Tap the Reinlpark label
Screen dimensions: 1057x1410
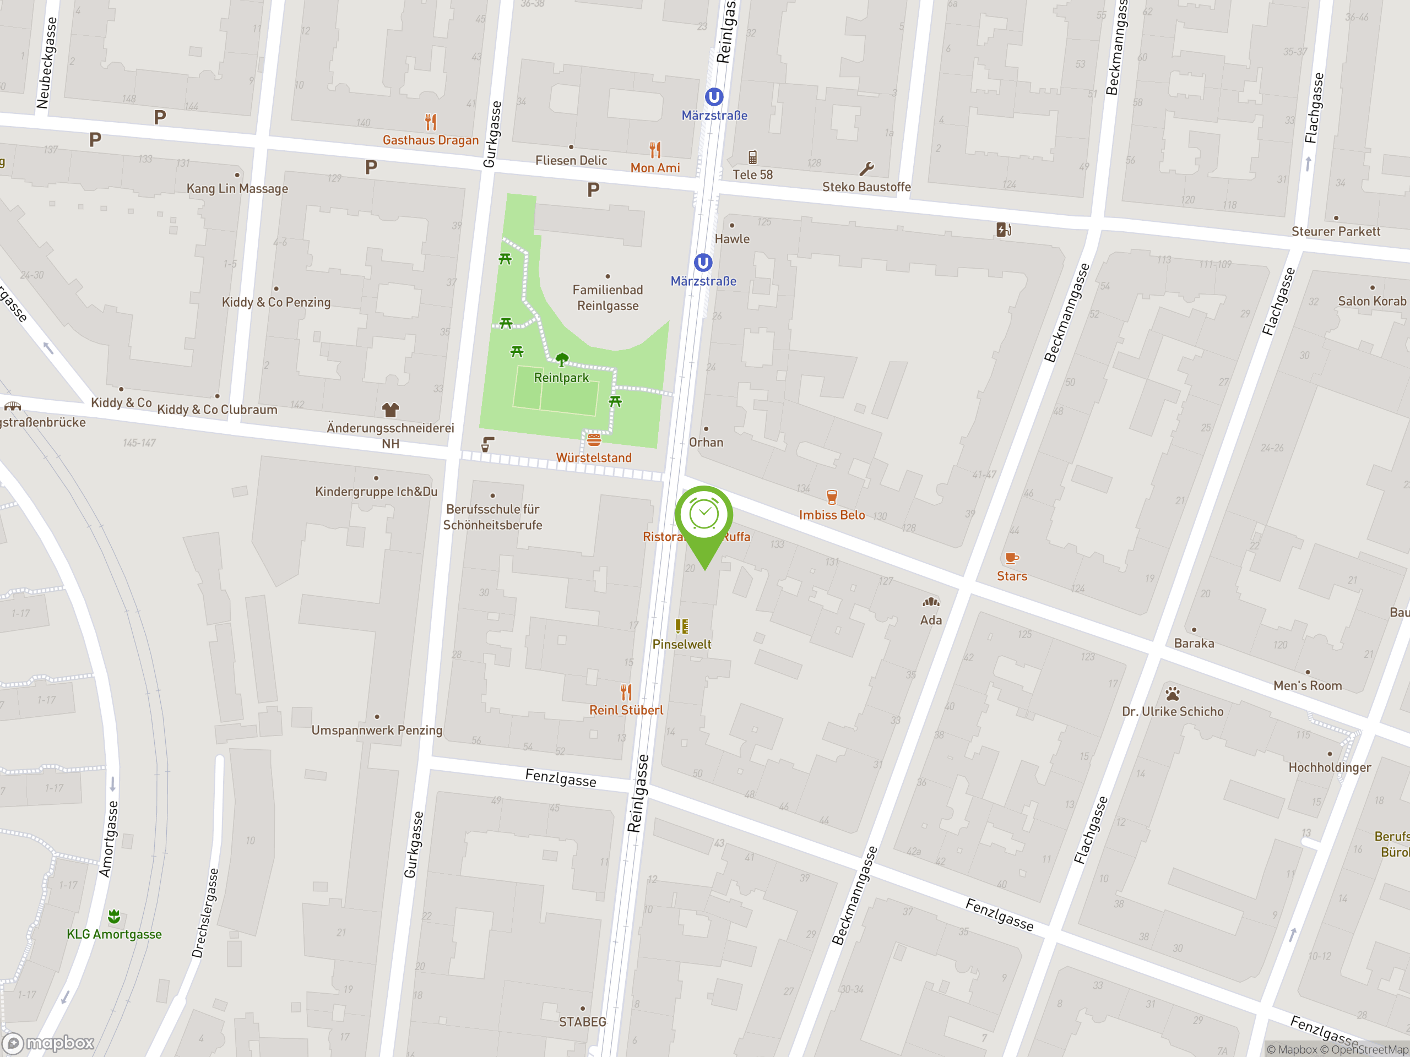coord(561,378)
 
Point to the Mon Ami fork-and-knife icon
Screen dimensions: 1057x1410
coord(655,150)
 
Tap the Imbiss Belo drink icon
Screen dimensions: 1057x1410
coord(831,497)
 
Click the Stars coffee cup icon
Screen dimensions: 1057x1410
coord(1012,559)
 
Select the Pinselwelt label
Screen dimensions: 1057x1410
coord(681,644)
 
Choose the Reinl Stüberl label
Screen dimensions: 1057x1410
coord(626,710)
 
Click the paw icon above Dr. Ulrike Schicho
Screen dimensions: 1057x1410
coord(1172,693)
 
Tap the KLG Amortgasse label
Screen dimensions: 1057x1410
coord(114,934)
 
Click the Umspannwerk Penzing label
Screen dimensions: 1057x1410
coord(377,730)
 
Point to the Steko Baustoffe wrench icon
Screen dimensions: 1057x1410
coord(866,169)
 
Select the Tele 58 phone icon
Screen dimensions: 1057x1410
coord(752,157)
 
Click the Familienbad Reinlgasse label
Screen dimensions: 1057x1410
coord(608,297)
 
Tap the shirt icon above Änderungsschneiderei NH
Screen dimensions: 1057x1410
coord(390,410)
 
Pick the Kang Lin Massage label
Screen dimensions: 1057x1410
coord(237,189)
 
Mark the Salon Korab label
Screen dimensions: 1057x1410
coord(1372,301)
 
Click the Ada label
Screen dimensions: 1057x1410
coord(931,620)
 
